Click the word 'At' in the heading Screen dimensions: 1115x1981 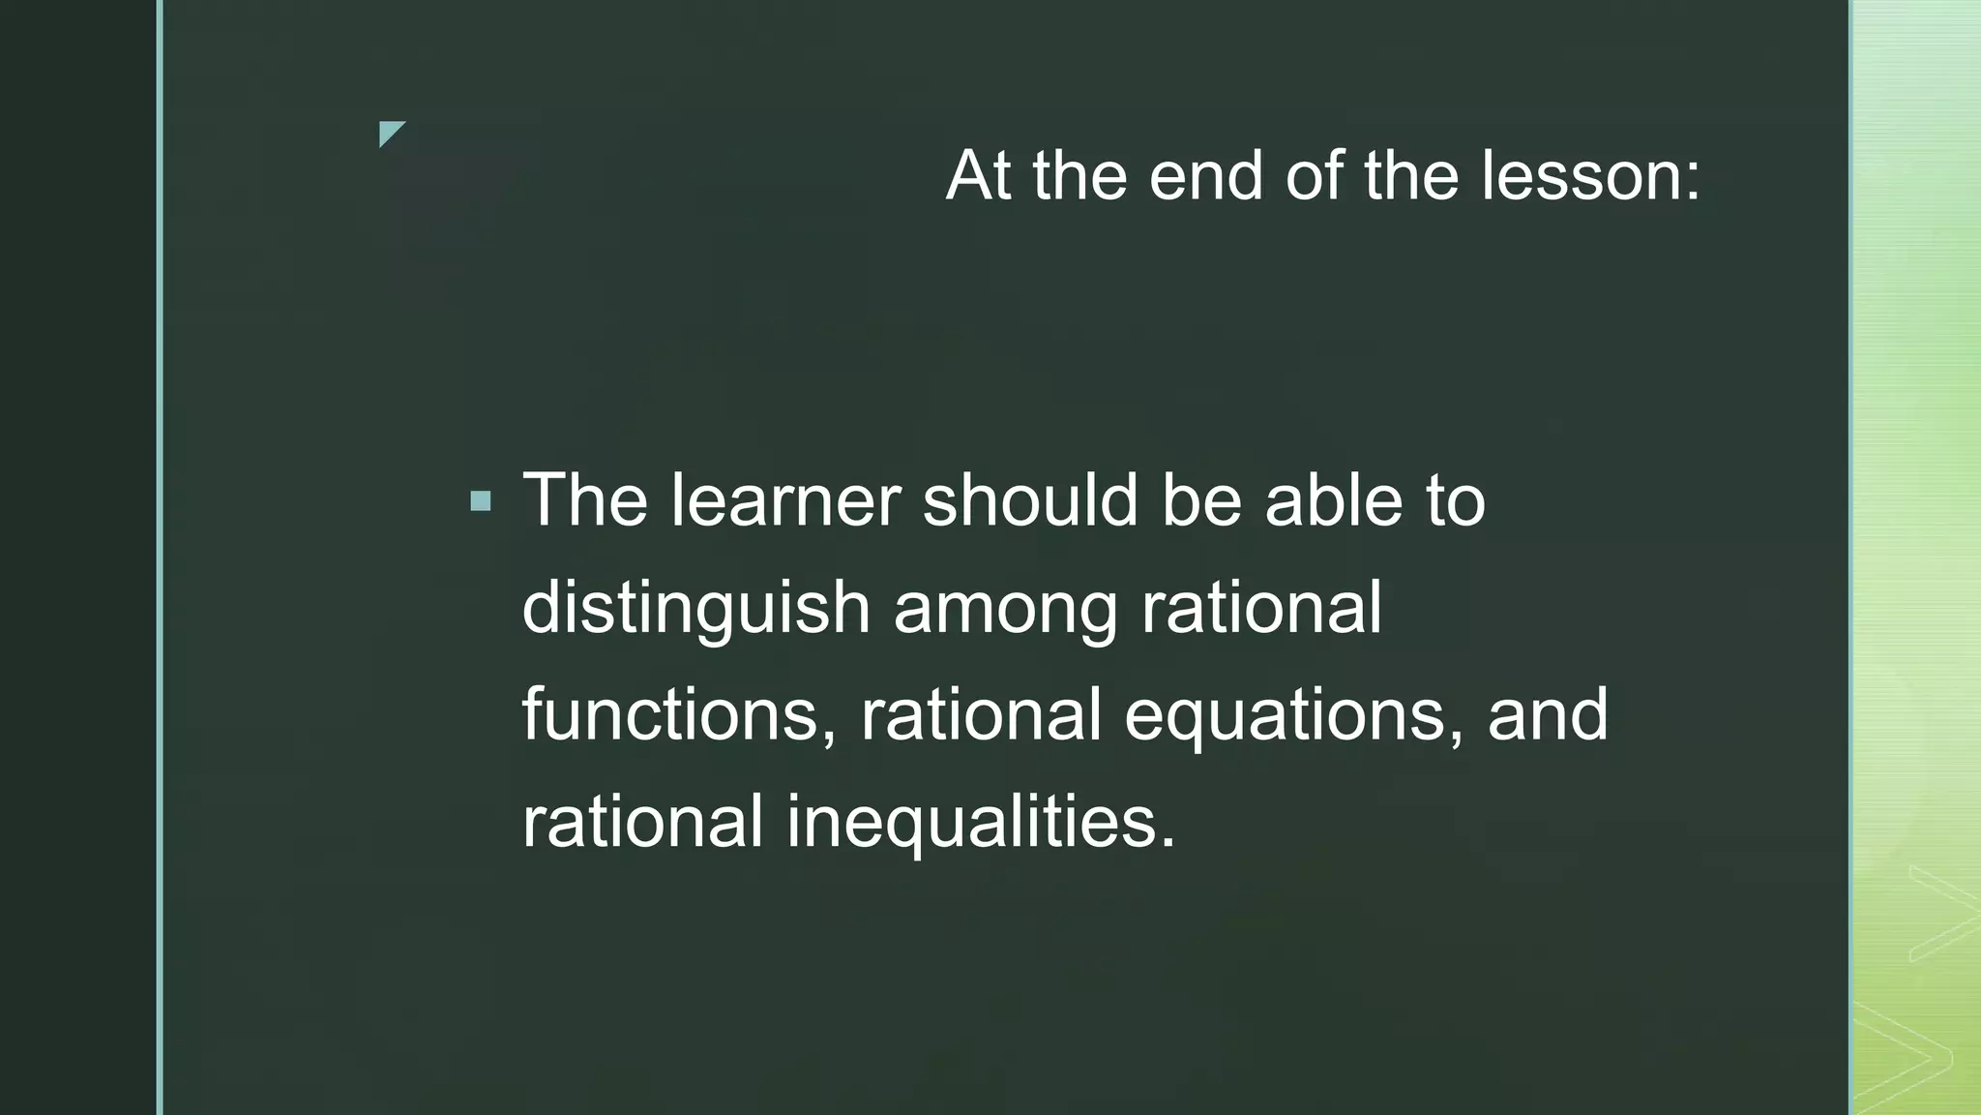978,176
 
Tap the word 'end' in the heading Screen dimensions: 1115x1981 1205,176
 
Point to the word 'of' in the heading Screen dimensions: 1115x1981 1314,176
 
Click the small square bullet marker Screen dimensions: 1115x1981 481,501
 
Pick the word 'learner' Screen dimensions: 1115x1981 785,500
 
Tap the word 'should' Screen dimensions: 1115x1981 1029,500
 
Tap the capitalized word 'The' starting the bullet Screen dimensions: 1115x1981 585,500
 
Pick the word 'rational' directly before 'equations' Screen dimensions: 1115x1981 981,714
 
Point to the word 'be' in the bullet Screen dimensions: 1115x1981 1201,500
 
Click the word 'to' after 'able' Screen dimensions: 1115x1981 1455,502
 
